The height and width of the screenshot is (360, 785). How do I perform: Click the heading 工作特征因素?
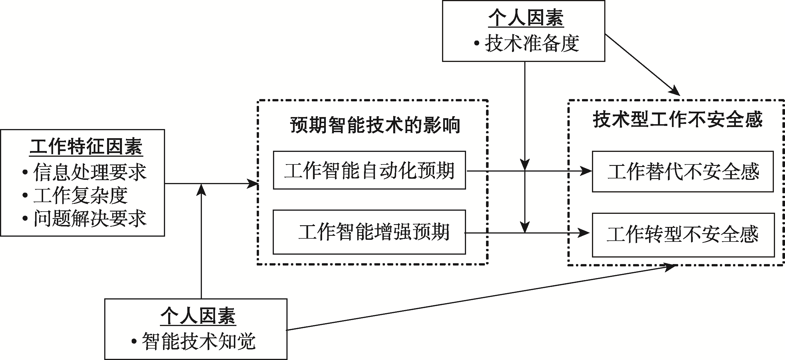click(x=86, y=147)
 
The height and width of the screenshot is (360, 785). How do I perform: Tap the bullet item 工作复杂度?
click(x=80, y=195)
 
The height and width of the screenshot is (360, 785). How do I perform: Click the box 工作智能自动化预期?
click(x=369, y=170)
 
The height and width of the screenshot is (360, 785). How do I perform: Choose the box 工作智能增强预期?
click(x=369, y=232)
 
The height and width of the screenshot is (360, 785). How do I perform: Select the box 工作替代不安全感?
click(x=682, y=172)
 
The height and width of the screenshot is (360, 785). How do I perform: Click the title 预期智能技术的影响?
click(x=375, y=125)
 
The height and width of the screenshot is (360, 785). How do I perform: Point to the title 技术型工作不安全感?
click(x=677, y=119)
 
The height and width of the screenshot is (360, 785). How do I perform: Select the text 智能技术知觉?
click(x=198, y=341)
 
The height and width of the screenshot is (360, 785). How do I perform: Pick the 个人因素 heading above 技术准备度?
click(x=526, y=18)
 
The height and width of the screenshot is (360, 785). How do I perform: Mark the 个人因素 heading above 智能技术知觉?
click(x=198, y=316)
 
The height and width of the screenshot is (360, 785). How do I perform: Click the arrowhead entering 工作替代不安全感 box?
click(x=586, y=171)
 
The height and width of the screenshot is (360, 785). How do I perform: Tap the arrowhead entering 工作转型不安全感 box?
click(x=584, y=233)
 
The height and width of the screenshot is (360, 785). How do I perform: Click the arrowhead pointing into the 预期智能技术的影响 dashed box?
click(x=253, y=184)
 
